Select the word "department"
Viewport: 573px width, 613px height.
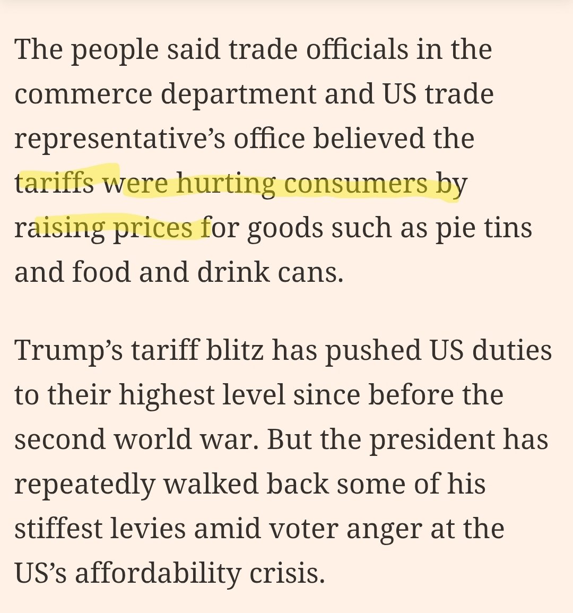tap(238, 94)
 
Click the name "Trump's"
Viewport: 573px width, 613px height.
tap(68, 351)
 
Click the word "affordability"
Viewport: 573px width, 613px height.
tap(158, 574)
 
